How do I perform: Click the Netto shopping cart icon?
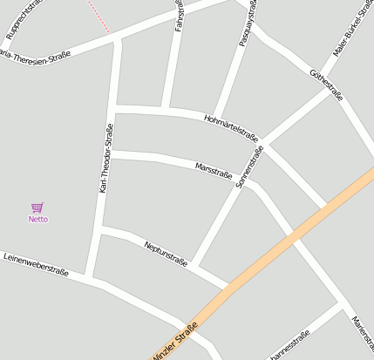(x=37, y=207)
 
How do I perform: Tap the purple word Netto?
(x=38, y=219)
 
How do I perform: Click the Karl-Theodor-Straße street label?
(x=105, y=158)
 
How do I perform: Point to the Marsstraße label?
(x=214, y=169)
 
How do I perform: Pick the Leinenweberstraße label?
(x=36, y=264)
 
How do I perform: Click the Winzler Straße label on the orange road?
(x=174, y=341)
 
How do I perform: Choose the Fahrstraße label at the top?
(x=179, y=16)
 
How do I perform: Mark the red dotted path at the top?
(x=98, y=17)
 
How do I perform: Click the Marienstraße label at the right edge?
(x=362, y=336)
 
